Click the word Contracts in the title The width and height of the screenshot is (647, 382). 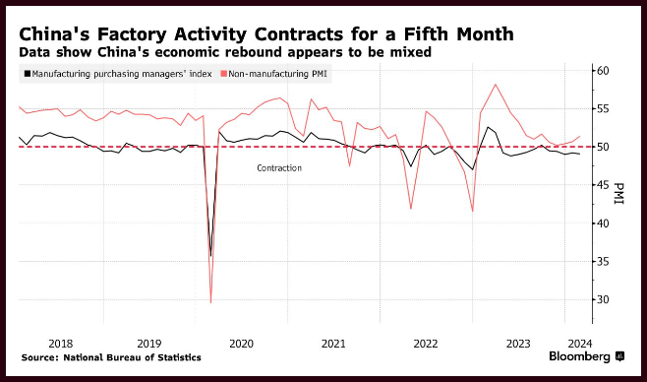[x=298, y=34]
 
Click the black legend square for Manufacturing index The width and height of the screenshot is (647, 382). [x=28, y=74]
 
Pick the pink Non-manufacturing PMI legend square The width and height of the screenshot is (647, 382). [x=224, y=74]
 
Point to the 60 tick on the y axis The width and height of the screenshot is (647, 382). [x=603, y=71]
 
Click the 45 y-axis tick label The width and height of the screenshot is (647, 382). [x=603, y=185]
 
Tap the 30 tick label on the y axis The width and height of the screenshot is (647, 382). [x=603, y=299]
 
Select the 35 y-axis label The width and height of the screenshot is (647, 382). [x=603, y=262]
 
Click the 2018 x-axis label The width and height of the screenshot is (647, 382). [x=60, y=344]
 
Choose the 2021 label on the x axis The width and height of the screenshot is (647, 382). [x=333, y=344]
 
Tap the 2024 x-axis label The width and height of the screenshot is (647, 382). [x=580, y=344]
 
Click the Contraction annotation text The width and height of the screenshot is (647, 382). [x=279, y=168]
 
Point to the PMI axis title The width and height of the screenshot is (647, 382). [x=618, y=193]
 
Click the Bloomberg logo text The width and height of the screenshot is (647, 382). [x=579, y=356]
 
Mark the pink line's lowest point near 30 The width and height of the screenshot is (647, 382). [x=210, y=302]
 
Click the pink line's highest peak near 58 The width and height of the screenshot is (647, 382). [x=496, y=85]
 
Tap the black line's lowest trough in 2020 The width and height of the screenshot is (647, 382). [x=210, y=256]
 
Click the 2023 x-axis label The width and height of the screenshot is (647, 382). [x=518, y=344]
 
